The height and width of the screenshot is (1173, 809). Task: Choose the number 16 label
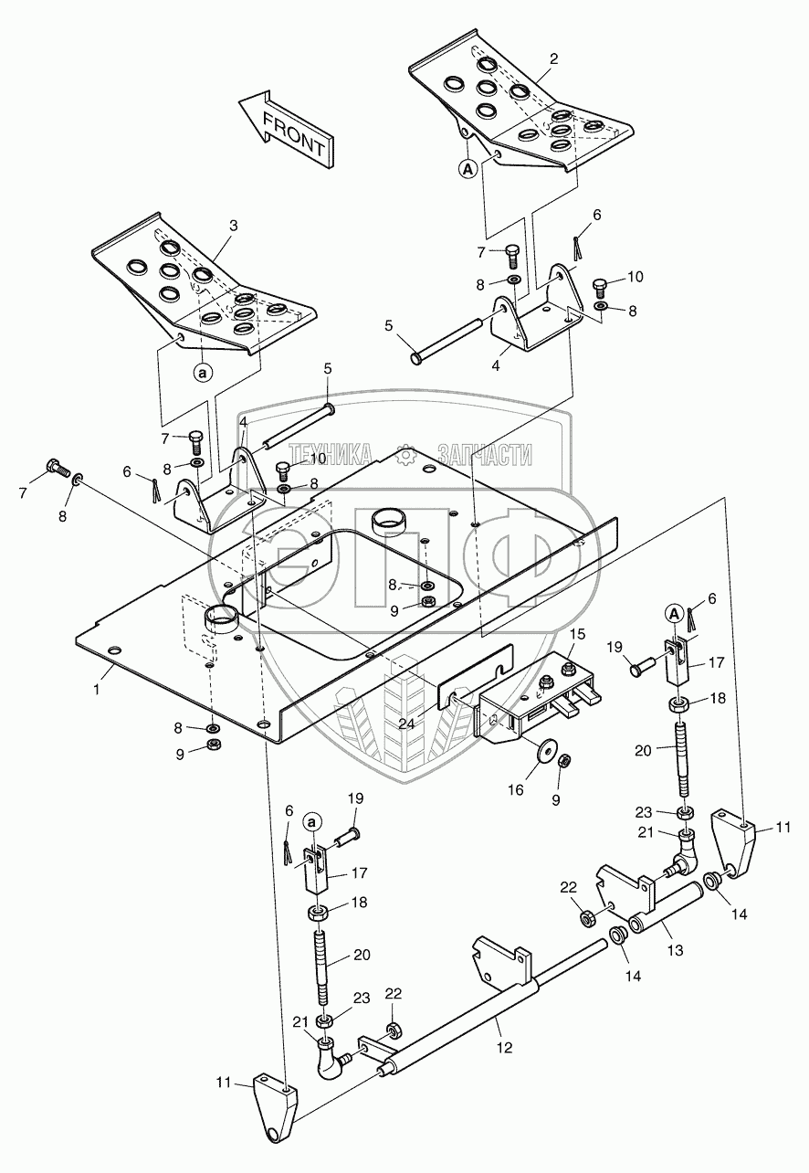[x=517, y=788]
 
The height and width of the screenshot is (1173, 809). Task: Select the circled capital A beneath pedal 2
[x=467, y=168]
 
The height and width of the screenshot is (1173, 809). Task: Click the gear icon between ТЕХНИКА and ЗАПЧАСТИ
[x=406, y=453]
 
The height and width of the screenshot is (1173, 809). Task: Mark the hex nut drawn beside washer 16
[x=564, y=760]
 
